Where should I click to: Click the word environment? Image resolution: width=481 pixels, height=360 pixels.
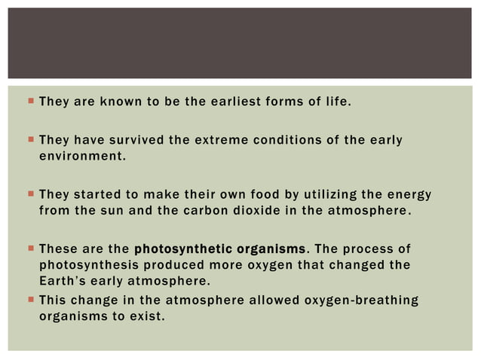pyautogui.click(x=80, y=157)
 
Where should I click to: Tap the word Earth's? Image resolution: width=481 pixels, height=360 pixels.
pyautogui.click(x=62, y=279)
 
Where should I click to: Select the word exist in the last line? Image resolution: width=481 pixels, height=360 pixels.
pyautogui.click(x=146, y=316)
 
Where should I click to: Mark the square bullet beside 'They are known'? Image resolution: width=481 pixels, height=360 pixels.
pyautogui.click(x=29, y=99)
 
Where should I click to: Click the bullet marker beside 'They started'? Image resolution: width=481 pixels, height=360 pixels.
pyautogui.click(x=29, y=194)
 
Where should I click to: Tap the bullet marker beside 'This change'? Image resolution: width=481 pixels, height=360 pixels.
pyautogui.click(x=29, y=300)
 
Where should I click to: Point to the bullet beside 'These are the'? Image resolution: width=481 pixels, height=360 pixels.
pyautogui.click(x=29, y=247)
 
